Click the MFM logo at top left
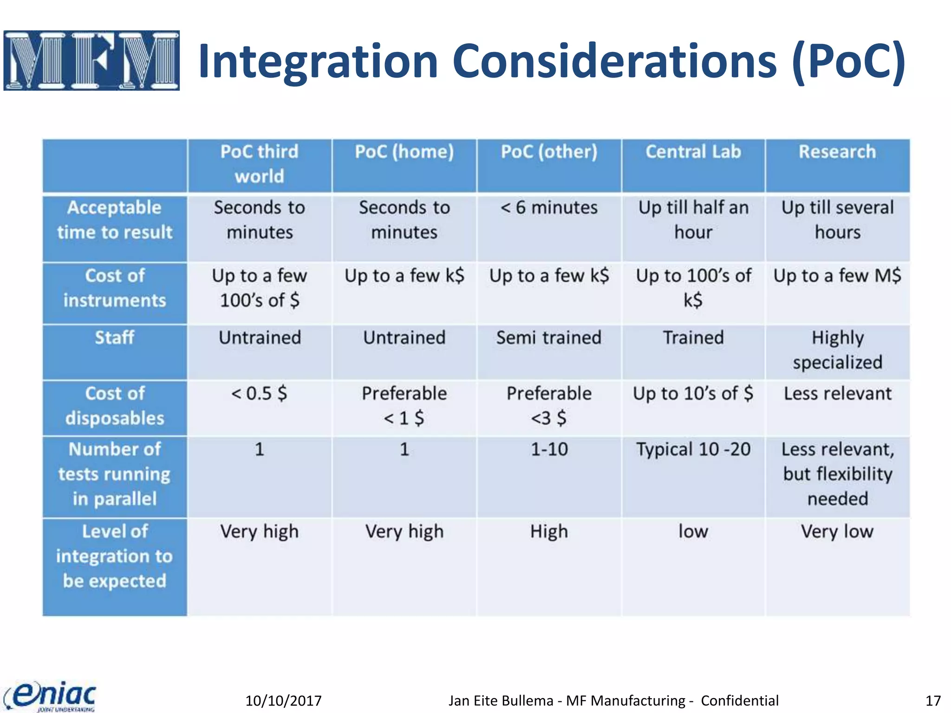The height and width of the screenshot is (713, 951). click(91, 60)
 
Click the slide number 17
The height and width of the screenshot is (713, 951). click(933, 700)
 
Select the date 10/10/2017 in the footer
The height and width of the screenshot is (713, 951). click(283, 700)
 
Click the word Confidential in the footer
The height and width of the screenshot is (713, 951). click(739, 700)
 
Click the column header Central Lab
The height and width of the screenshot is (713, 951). click(693, 152)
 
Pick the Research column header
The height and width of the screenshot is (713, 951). click(837, 152)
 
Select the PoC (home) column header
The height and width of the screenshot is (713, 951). click(404, 152)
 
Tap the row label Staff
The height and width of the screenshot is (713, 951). click(115, 337)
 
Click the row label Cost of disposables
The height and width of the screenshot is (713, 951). click(115, 406)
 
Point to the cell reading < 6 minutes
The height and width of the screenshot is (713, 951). click(549, 208)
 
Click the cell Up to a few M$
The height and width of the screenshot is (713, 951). click(837, 276)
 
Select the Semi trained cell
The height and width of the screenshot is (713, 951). click(549, 337)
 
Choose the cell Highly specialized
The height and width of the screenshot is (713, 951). click(837, 350)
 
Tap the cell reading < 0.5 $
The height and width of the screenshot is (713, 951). click(259, 394)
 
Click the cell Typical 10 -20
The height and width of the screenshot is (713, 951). click(693, 449)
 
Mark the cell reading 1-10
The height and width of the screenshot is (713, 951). click(549, 449)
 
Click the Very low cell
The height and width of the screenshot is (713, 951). click(837, 532)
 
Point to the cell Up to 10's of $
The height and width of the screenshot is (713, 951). click(693, 394)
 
